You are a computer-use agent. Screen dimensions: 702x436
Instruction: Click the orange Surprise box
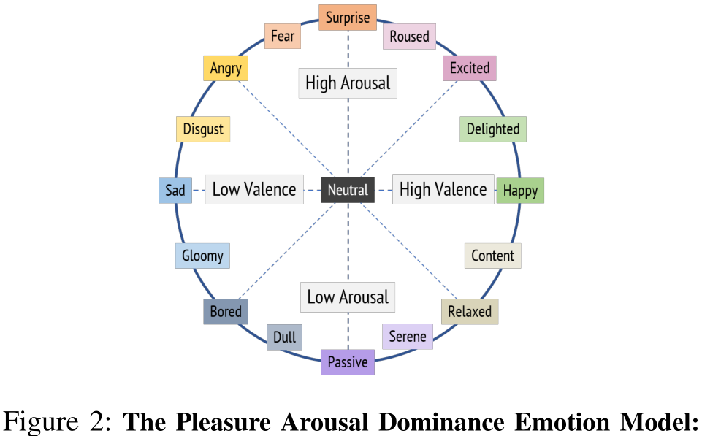348,18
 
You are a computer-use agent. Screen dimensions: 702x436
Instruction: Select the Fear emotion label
283,36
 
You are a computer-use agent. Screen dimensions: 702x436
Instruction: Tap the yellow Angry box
226,68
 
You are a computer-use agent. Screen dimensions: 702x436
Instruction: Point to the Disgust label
203,129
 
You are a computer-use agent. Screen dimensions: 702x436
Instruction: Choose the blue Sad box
175,190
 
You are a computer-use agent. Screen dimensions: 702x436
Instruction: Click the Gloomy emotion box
202,256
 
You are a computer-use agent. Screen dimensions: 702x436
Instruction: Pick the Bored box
226,312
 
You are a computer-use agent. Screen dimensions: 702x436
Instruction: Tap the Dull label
284,337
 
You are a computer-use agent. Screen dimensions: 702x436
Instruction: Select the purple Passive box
348,362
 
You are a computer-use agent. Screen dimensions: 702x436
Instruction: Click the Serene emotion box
408,337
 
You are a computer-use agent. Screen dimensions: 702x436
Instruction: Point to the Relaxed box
470,312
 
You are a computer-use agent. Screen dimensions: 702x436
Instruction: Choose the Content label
492,256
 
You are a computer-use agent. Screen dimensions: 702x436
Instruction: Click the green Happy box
520,191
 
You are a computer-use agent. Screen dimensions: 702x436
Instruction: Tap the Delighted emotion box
493,129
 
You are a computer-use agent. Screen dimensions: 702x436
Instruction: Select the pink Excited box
470,68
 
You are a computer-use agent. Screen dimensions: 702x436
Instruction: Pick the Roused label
409,37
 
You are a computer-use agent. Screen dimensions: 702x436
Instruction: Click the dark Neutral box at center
348,190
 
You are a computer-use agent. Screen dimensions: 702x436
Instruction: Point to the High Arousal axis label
348,83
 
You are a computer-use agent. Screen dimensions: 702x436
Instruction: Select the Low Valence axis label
254,189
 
